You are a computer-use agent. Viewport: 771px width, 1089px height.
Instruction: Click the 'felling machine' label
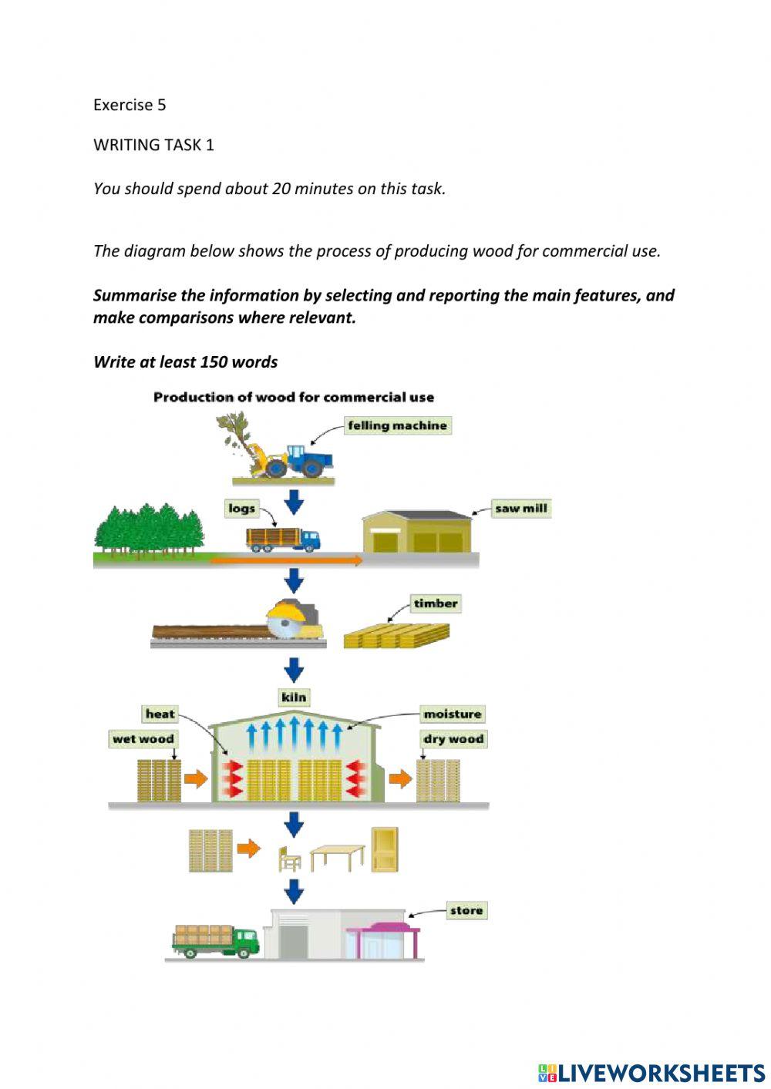click(x=397, y=425)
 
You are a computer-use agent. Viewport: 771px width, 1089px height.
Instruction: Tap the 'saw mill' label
click(x=521, y=509)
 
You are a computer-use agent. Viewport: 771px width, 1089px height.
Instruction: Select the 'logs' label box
click(x=241, y=509)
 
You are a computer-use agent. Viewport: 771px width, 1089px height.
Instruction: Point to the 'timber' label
click(x=435, y=603)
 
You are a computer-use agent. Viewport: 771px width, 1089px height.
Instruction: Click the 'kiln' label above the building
click(x=295, y=697)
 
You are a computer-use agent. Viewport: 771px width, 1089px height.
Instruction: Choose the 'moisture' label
click(x=453, y=714)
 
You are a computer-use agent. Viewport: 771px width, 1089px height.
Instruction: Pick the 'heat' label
click(x=160, y=714)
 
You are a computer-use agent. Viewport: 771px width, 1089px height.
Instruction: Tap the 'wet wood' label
click(x=143, y=739)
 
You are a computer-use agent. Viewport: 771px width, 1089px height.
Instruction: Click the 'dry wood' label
click(x=453, y=739)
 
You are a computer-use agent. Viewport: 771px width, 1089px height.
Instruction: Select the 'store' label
click(x=466, y=910)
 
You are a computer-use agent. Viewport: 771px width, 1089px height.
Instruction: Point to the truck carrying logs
click(x=282, y=538)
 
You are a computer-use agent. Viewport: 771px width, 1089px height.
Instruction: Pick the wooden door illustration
click(x=385, y=849)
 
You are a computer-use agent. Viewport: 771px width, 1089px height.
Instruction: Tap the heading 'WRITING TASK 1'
click(x=153, y=145)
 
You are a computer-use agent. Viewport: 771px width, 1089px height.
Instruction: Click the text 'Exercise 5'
click(x=130, y=105)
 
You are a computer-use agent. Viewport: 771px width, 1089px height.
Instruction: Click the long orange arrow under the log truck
click(x=285, y=561)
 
